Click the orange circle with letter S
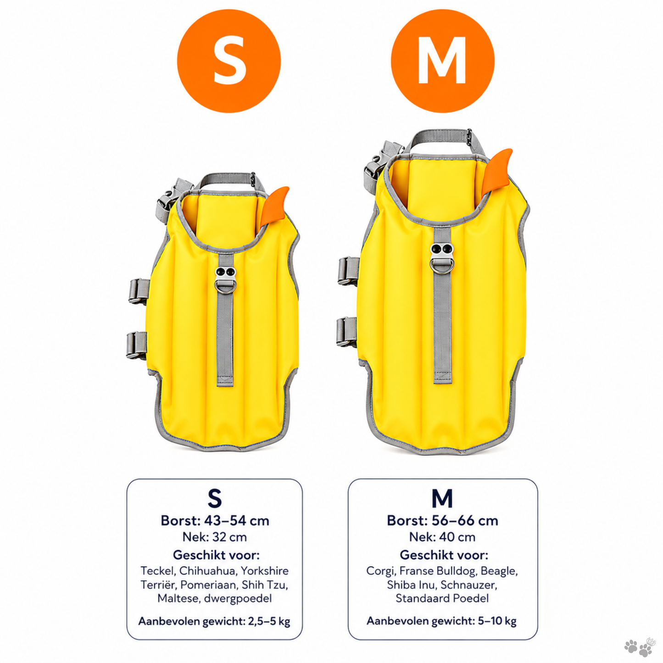tap(229, 61)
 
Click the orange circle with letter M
tap(442, 61)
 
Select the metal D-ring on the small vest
tap(225, 287)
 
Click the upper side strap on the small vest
tap(139, 291)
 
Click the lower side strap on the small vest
tap(137, 345)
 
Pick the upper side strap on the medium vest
tap(349, 271)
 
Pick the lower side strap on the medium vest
tap(347, 331)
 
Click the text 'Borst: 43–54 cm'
tap(215, 521)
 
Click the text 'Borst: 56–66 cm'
tap(442, 521)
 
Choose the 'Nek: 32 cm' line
tap(215, 537)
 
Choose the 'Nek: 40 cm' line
tap(442, 537)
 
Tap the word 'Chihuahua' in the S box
tap(208, 571)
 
